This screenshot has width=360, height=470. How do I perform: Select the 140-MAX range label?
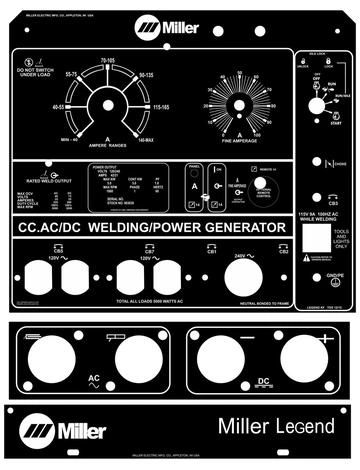pos(147,141)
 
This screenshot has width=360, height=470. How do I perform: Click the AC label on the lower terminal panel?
pos(95,378)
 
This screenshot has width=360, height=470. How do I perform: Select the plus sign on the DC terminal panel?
pos(327,341)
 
